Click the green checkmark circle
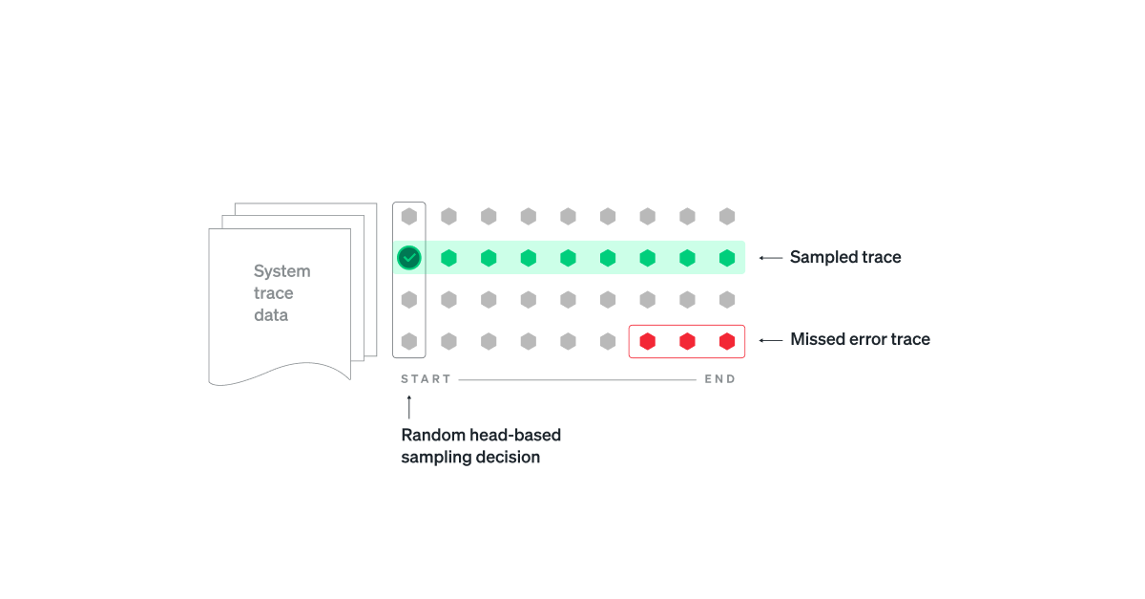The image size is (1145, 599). (408, 257)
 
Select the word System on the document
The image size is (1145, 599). (281, 271)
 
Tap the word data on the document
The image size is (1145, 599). (271, 315)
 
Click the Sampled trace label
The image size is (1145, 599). (844, 257)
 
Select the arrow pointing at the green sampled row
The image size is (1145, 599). (770, 258)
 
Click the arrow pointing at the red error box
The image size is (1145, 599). (770, 340)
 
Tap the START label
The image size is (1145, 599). (426, 379)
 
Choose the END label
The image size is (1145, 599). (719, 379)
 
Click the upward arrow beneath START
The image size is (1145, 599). (408, 408)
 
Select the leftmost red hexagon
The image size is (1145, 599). (647, 340)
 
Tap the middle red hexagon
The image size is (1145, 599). (687, 340)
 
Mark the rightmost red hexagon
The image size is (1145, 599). (727, 340)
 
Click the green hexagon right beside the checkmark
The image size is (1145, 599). (448, 258)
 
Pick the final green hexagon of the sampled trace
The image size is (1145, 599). (727, 258)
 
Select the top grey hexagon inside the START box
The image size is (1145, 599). (408, 217)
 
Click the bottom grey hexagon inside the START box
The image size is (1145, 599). (408, 340)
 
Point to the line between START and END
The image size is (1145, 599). (576, 379)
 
